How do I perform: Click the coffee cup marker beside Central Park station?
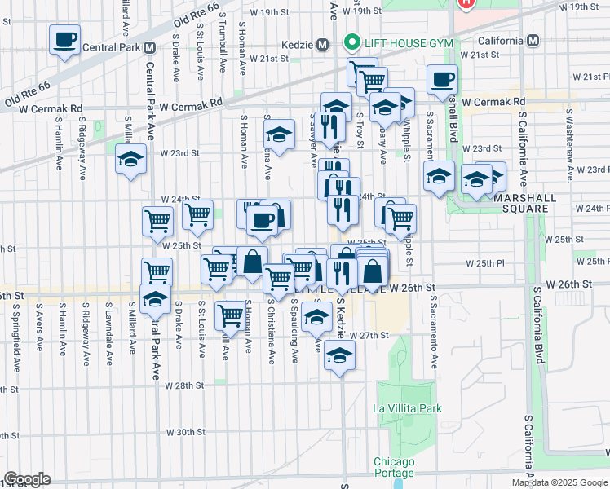[64, 38]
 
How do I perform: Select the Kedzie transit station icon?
[322, 43]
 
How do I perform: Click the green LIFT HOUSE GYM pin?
[351, 41]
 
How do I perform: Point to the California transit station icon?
[533, 41]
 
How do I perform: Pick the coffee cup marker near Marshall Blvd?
[443, 80]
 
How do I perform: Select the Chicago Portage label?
[394, 467]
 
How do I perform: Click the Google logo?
[27, 479]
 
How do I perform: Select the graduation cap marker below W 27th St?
[339, 355]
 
